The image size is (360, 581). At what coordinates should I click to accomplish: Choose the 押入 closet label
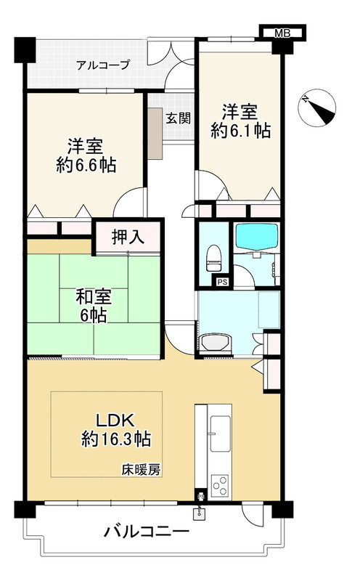click(x=128, y=236)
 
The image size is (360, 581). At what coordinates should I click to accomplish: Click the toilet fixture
click(x=213, y=254)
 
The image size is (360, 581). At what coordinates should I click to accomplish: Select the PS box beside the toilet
click(x=221, y=283)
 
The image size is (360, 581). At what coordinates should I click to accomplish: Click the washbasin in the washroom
click(x=216, y=341)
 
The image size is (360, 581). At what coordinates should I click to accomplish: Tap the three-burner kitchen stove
click(x=220, y=482)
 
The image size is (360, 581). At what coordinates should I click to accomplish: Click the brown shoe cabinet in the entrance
click(x=155, y=131)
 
